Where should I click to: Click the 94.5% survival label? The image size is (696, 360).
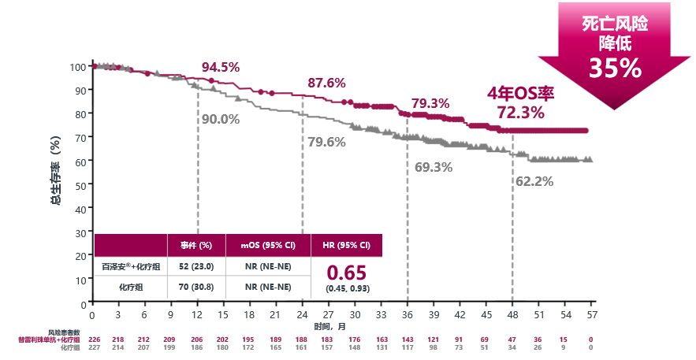[x=221, y=67]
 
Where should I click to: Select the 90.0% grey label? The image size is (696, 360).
[x=221, y=119]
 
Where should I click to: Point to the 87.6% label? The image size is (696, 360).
[x=326, y=83]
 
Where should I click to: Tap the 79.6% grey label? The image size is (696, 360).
[x=326, y=142]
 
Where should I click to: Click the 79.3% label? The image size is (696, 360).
[x=430, y=103]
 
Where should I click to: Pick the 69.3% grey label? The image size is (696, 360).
[x=434, y=167]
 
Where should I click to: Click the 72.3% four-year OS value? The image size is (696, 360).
[x=521, y=113]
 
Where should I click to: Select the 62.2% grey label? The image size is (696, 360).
[x=534, y=180]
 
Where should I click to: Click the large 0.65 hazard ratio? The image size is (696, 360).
[x=347, y=273]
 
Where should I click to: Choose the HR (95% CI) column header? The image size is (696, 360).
[x=347, y=245]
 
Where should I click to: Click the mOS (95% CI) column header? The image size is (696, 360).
[x=269, y=245]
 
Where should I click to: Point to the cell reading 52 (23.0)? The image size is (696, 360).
[x=196, y=266]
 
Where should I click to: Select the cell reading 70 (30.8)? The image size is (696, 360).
[x=196, y=287]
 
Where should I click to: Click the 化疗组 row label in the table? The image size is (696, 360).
[x=130, y=287]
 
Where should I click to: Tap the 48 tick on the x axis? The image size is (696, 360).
[x=512, y=315]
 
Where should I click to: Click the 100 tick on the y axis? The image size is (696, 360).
[x=76, y=66]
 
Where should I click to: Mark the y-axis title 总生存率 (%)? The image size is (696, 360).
[x=56, y=173]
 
